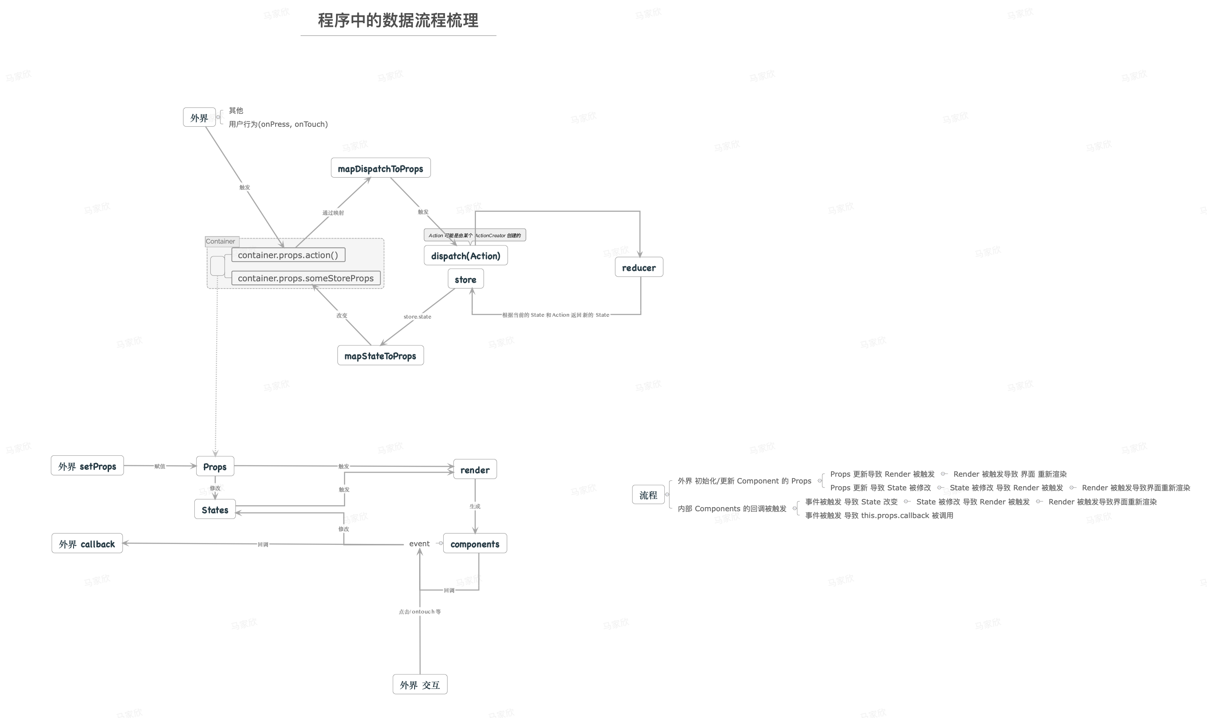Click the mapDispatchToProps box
(381, 168)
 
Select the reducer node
(638, 267)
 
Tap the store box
(465, 279)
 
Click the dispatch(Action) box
(465, 255)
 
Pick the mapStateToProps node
(380, 356)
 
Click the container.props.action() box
(288, 255)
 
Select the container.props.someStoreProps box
(306, 278)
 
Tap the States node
(215, 509)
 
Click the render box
(475, 469)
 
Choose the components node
(475, 543)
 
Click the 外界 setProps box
(87, 466)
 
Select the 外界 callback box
(87, 543)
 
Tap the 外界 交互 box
(420, 685)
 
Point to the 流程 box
(648, 494)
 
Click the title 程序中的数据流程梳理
(398, 20)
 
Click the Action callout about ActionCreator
(474, 235)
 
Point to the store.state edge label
(417, 316)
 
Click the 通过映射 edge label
(333, 212)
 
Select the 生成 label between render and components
(475, 506)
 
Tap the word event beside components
(419, 543)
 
